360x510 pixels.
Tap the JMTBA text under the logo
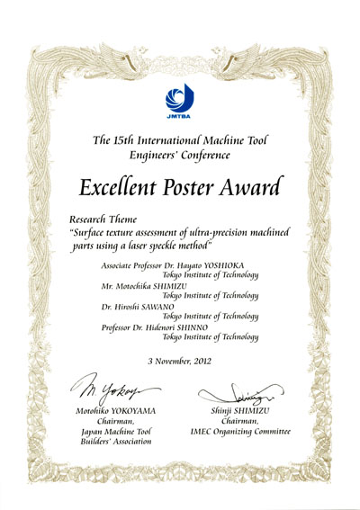(x=181, y=117)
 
